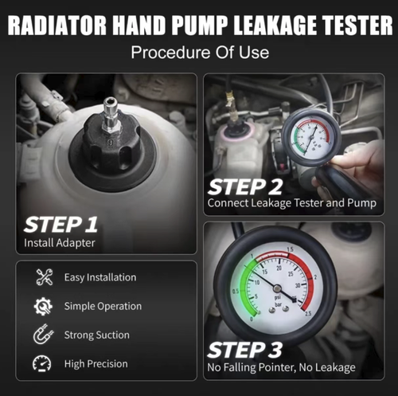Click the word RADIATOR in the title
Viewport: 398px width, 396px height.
(57, 25)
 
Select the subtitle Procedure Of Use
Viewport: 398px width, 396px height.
(198, 54)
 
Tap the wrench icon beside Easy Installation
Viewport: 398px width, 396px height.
(44, 277)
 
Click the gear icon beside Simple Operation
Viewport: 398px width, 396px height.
(44, 306)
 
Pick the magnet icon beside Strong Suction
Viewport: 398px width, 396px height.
(44, 335)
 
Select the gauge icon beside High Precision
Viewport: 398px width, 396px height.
(44, 364)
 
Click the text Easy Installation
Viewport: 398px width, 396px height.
(100, 277)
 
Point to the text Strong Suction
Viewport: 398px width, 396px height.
(96, 335)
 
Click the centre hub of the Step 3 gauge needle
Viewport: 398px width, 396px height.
(277, 292)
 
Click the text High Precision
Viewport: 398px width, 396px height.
(96, 364)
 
